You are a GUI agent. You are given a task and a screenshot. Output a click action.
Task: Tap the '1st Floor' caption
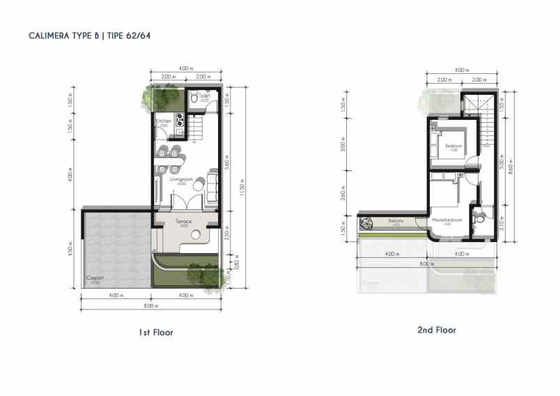(156, 333)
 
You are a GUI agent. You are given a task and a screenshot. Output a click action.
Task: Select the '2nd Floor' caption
(437, 330)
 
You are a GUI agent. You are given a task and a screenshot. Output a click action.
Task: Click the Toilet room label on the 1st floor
(204, 96)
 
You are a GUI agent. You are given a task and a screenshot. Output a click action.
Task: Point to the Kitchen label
(164, 121)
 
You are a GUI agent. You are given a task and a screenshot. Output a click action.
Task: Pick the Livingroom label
(180, 179)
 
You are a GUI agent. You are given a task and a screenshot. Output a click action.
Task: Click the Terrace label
(183, 222)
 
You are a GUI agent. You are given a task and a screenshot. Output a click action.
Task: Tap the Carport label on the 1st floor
(95, 278)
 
